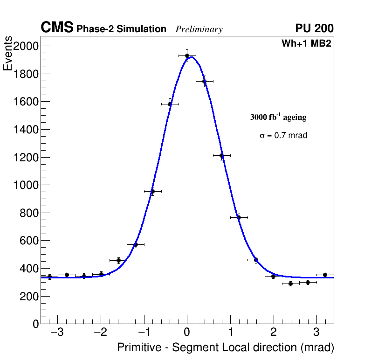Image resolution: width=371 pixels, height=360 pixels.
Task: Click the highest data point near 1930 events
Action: pos(187,55)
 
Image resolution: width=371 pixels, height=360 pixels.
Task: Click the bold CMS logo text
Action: pos(57,28)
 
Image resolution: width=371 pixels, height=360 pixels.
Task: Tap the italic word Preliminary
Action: pos(199,29)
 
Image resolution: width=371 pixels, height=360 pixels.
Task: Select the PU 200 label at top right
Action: pos(314,28)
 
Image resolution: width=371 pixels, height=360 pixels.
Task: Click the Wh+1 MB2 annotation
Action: pos(306,44)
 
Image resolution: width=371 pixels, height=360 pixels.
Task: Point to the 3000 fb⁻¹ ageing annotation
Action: pos(278,117)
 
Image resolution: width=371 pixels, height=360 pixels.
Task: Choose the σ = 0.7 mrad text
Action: pos(283,136)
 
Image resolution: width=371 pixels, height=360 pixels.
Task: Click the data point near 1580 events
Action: pos(170,104)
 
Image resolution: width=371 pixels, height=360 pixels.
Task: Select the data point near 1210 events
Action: pos(221,155)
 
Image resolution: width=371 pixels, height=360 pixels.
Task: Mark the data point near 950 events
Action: pos(152,191)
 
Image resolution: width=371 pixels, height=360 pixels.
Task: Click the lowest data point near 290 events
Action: pos(290,284)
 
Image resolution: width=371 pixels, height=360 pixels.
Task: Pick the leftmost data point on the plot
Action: pos(49,277)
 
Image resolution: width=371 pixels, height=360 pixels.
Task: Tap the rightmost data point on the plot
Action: pos(325,275)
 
